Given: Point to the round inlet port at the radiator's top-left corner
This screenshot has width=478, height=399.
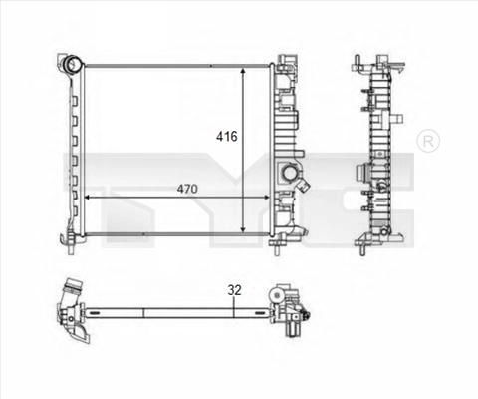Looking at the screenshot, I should click(71, 66).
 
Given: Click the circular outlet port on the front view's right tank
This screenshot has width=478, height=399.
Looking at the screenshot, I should click(289, 173).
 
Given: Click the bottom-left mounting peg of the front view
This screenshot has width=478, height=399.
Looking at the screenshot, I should click(69, 239).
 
